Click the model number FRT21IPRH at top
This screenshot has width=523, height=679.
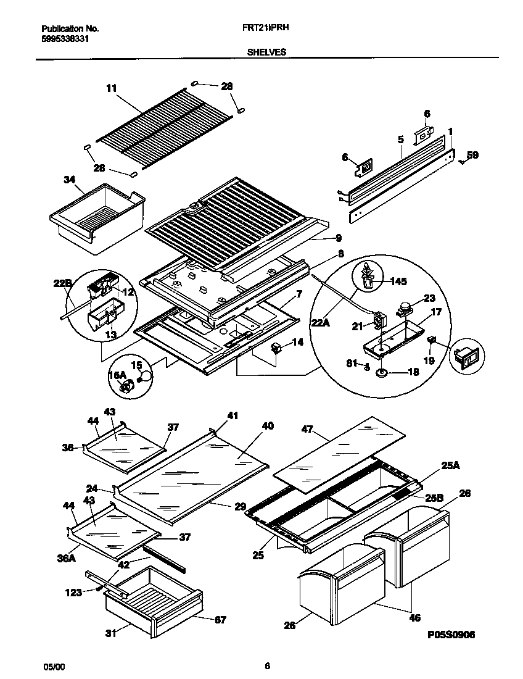tap(267, 28)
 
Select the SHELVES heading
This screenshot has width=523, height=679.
tap(266, 53)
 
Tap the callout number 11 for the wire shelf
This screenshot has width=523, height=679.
tap(111, 88)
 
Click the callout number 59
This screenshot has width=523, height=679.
tap(472, 156)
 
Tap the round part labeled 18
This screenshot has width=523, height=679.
tap(381, 373)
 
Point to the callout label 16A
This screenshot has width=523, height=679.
tap(118, 375)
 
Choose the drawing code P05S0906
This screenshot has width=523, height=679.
tap(449, 635)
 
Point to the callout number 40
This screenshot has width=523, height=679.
tap(267, 426)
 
